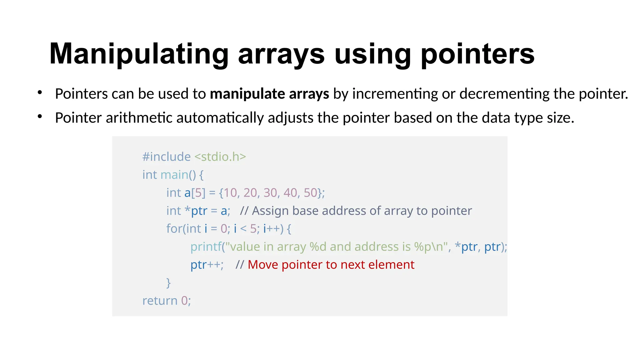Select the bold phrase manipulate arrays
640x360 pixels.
(269, 93)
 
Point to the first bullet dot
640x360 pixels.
(40, 92)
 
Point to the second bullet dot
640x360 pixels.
(40, 117)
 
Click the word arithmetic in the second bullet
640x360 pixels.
(139, 118)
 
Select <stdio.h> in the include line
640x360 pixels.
(220, 157)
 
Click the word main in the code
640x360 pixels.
(174, 175)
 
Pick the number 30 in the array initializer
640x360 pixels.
(270, 193)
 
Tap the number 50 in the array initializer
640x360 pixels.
(310, 193)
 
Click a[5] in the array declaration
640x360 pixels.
(195, 193)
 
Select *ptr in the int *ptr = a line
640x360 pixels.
(196, 211)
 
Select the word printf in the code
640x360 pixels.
(206, 247)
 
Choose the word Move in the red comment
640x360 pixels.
(262, 265)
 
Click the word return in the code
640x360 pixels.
(160, 301)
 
